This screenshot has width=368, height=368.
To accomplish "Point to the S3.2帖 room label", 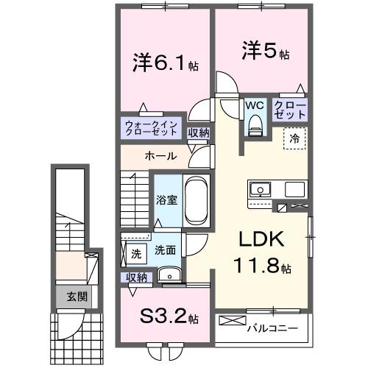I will pos(167,317).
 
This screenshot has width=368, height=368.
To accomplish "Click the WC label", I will pos(255,105).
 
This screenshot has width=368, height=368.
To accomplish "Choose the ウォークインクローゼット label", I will pos(150,128).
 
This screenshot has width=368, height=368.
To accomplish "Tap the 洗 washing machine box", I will pos(135,253).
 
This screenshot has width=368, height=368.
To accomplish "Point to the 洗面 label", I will pos(165,250).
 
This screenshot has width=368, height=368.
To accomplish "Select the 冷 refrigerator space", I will pos(294,137).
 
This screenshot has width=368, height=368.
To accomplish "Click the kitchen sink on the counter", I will pos(260,191).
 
